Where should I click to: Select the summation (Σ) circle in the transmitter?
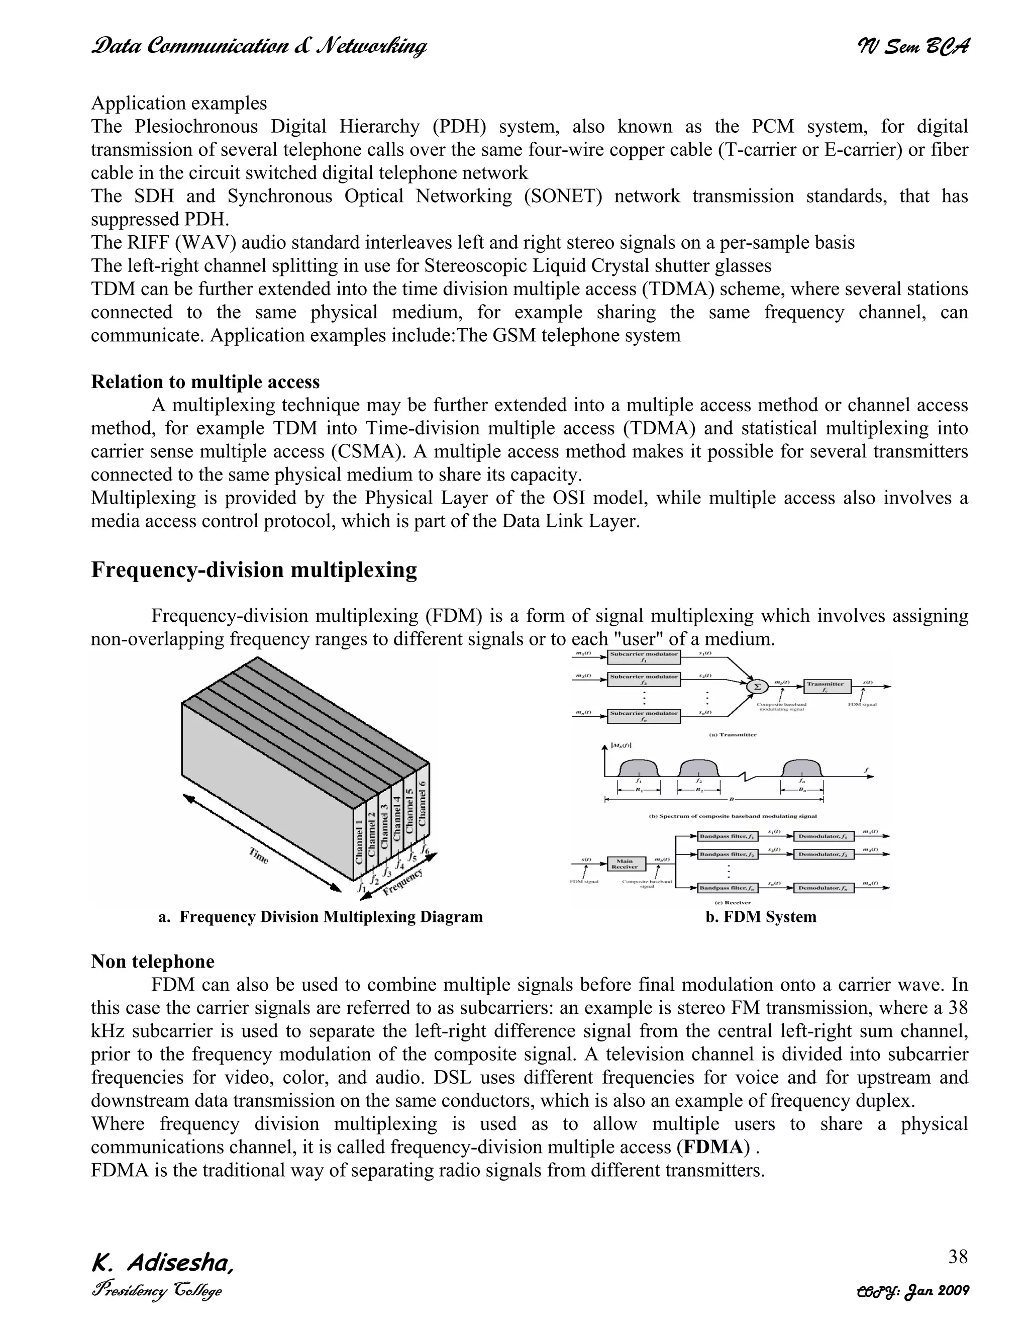pos(758,686)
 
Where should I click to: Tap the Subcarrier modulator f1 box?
pos(644,656)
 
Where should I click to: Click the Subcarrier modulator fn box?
pos(644,715)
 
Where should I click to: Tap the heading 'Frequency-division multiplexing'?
pos(254,569)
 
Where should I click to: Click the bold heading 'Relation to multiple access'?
pos(205,382)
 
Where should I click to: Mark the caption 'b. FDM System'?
pos(760,917)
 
